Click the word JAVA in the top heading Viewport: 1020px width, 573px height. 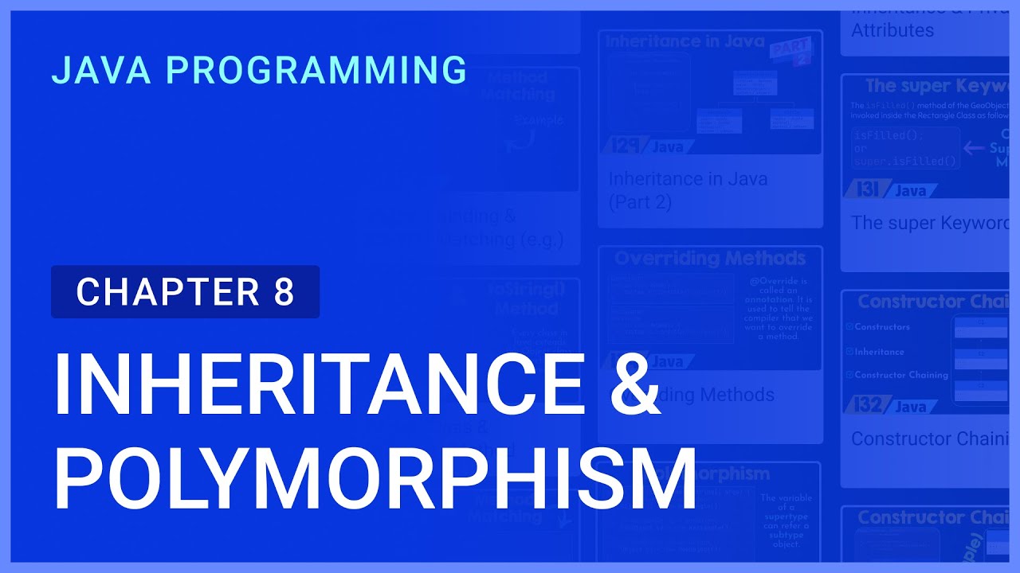point(101,71)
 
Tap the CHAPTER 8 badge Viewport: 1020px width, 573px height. point(185,292)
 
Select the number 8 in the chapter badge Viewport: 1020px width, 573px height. point(284,292)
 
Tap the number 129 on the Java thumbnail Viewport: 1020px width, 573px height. point(627,146)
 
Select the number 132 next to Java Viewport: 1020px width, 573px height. point(869,406)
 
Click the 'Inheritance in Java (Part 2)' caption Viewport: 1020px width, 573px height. point(688,190)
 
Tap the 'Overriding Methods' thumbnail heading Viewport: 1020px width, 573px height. point(710,259)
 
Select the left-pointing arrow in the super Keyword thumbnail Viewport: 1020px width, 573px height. point(974,147)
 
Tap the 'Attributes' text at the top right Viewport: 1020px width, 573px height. point(892,30)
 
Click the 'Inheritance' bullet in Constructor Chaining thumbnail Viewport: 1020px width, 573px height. point(879,351)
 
